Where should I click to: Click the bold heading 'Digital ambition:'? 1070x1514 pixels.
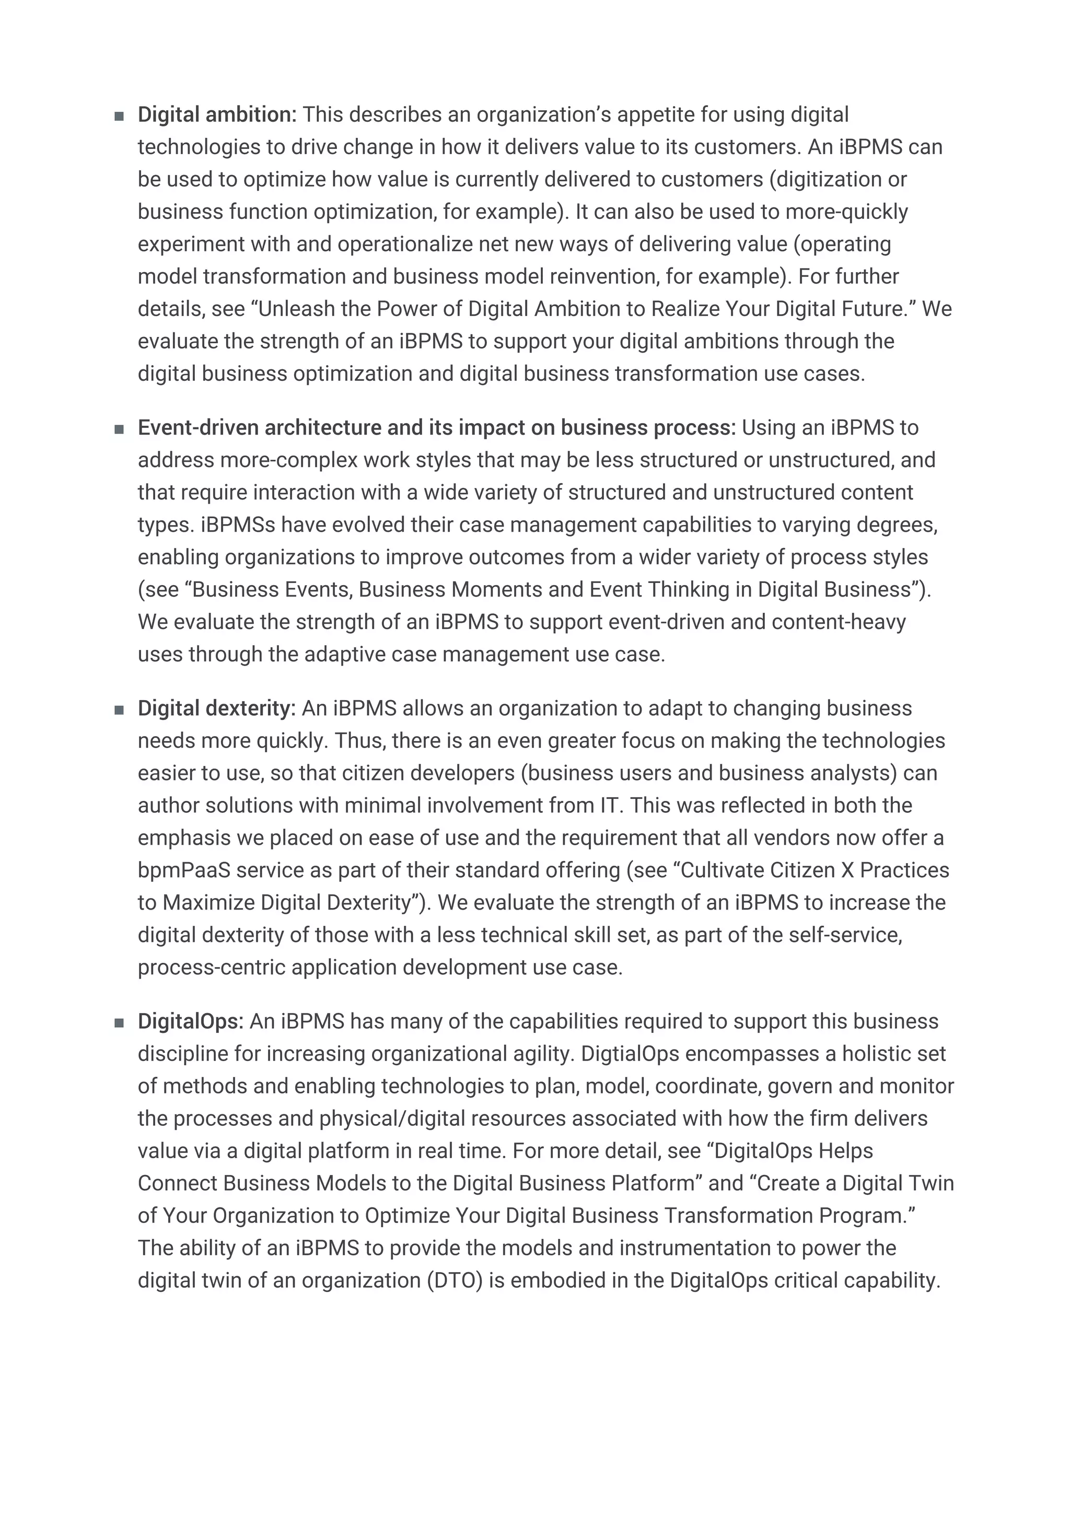[x=217, y=115]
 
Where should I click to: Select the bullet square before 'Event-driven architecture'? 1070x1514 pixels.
[x=119, y=429]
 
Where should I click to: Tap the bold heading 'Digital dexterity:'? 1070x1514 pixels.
[x=216, y=709]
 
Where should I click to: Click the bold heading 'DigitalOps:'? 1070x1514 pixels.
[x=191, y=1021]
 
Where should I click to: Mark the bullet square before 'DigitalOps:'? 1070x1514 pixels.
[x=119, y=1023]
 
